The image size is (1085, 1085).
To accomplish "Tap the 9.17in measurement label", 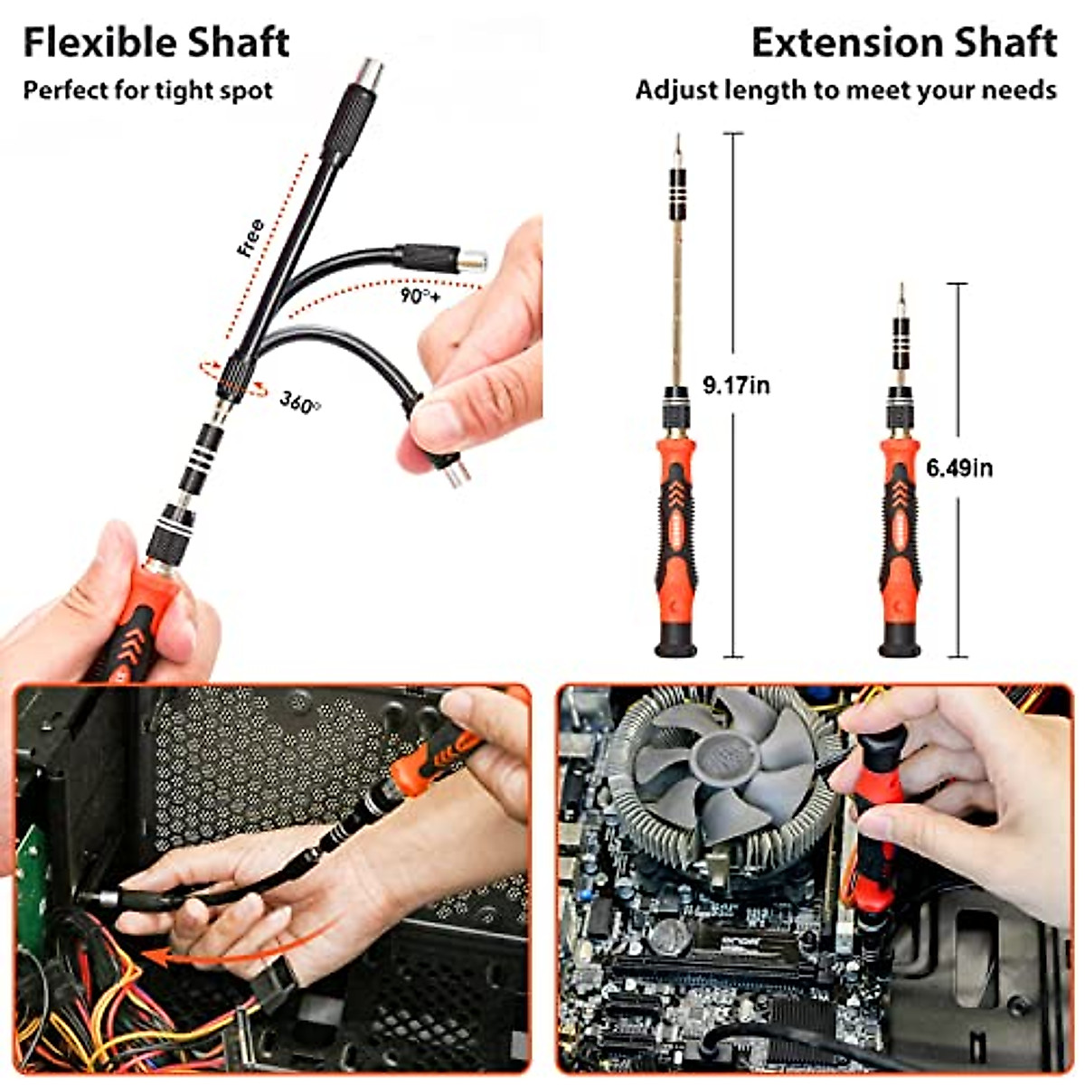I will point(736,385).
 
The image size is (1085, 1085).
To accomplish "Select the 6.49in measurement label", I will point(959,467).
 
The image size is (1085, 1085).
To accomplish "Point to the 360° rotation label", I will point(299,401).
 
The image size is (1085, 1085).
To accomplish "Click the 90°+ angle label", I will point(420,296).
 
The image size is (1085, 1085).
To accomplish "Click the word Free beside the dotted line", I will point(250,239).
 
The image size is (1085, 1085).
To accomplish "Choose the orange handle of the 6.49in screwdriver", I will point(900,542).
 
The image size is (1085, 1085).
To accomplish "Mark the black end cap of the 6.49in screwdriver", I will point(900,643).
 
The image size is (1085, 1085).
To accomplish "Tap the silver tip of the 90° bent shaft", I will point(472,261).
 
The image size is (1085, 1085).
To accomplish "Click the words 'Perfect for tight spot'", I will point(147,90).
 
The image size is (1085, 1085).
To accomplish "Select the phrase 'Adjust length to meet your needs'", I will point(845,90).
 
